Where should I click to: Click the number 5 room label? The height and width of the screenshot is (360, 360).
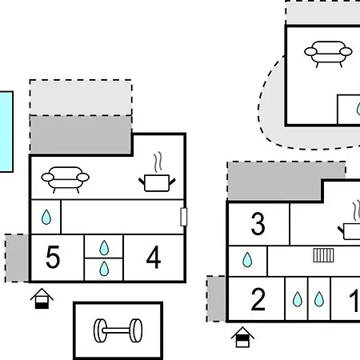pos(53,257)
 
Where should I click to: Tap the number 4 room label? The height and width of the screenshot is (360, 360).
pos(154,257)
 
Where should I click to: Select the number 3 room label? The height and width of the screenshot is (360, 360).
pos(258,224)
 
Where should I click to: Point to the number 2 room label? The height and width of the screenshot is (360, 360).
pos(258,299)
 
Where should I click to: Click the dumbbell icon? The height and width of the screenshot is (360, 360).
pos(118,330)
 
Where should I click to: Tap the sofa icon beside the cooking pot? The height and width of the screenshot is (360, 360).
pos(66,180)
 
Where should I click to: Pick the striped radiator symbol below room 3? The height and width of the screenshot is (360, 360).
pos(323,255)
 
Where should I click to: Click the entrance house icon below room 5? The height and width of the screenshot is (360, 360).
pos(42,298)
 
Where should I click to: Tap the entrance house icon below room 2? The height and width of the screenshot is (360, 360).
pos(242,337)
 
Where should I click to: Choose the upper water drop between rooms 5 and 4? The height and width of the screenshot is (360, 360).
pos(104,248)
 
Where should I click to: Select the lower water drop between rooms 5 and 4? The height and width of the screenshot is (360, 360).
pos(104,269)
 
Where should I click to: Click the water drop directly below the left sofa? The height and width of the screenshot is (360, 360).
pos(46,217)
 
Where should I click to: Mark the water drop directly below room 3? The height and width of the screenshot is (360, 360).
pos(247,260)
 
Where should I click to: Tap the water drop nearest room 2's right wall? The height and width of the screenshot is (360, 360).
pos(298,299)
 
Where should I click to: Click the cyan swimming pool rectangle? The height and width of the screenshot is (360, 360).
pos(6,132)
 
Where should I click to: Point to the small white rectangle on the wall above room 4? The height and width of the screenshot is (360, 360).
pos(184,217)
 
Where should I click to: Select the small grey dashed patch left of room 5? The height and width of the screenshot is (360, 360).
pos(17,258)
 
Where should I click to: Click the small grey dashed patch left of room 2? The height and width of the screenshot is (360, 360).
pos(216,298)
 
